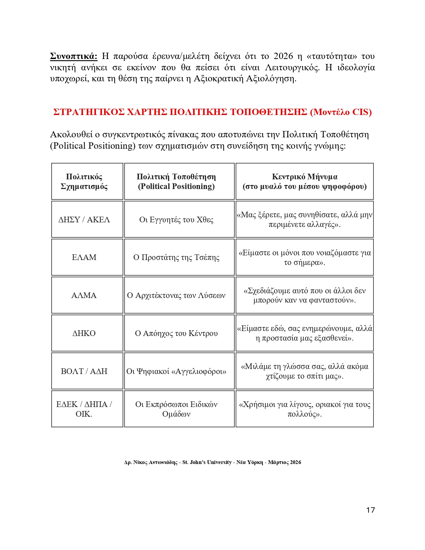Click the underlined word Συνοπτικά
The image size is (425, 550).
point(74,56)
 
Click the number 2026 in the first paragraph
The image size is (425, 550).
point(283,56)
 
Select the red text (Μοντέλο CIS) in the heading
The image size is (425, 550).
point(341,112)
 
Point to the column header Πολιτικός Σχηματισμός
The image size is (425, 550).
point(84,181)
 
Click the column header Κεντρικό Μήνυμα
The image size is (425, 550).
point(304,177)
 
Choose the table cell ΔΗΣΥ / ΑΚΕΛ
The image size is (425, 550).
point(84,220)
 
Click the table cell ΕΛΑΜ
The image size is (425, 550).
point(84,257)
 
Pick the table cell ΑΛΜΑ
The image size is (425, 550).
point(84,295)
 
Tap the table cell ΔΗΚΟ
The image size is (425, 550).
point(84,333)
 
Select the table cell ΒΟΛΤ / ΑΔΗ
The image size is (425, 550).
point(84,371)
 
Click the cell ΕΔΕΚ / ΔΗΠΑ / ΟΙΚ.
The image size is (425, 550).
point(84,409)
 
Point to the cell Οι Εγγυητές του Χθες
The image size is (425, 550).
point(176,220)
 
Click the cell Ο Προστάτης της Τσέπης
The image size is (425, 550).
point(176,257)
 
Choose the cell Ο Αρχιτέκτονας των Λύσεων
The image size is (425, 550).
point(176,295)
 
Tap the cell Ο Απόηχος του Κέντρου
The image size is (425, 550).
point(176,333)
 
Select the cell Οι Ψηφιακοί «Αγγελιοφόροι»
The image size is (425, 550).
point(176,371)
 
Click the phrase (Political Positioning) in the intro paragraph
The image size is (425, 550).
point(93,146)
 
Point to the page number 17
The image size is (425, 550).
point(370,510)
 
